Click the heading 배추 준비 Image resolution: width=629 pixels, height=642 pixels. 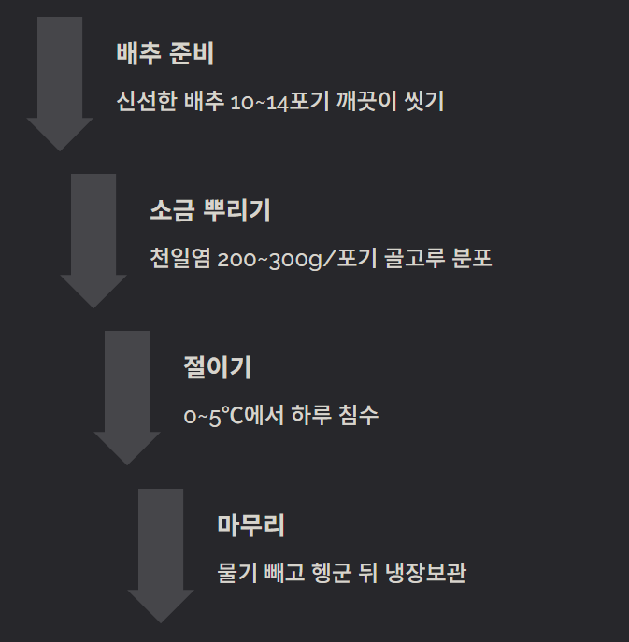pyautogui.click(x=165, y=53)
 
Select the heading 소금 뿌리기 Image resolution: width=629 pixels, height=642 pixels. pyautogui.click(x=210, y=210)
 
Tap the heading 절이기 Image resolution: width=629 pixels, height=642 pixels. pyautogui.click(x=218, y=367)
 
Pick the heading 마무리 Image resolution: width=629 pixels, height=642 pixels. pyautogui.click(x=250, y=524)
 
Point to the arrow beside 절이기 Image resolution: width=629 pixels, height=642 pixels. pyautogui.click(x=127, y=396)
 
